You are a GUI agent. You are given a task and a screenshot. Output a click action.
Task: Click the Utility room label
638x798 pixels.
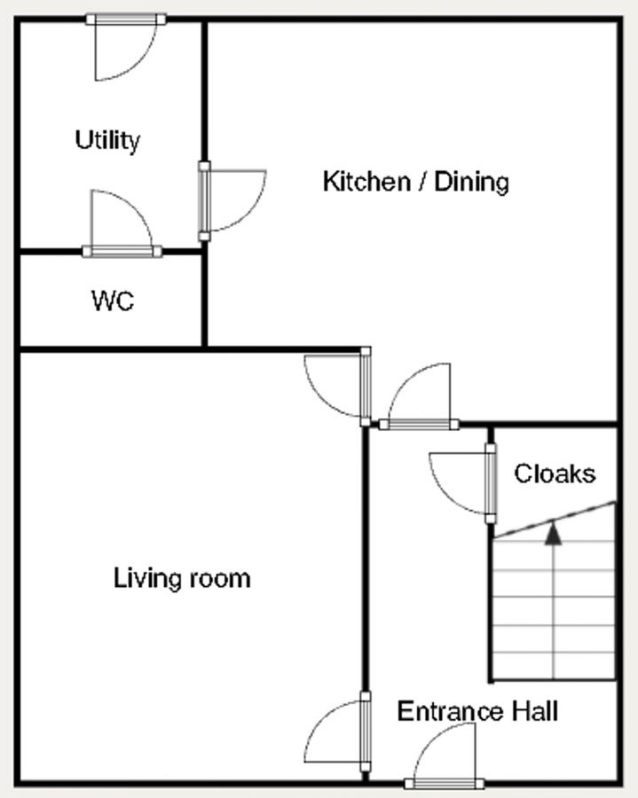tap(107, 140)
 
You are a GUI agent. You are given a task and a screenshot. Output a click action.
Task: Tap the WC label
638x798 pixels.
tap(113, 301)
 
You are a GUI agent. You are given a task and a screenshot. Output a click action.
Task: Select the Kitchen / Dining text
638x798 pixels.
tap(416, 182)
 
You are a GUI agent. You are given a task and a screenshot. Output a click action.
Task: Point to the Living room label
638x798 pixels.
tap(182, 578)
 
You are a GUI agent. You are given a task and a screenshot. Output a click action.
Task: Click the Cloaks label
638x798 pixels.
tap(555, 473)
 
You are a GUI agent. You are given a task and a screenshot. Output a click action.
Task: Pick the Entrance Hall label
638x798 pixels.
tap(477, 711)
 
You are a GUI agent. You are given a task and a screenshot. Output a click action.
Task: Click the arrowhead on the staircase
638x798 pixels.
tap(553, 534)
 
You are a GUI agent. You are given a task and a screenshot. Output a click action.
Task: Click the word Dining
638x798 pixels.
tap(471, 182)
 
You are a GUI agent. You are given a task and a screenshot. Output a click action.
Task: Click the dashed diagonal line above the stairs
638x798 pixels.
tap(555, 520)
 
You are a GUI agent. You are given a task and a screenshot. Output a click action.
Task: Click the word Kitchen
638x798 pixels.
tap(367, 182)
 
